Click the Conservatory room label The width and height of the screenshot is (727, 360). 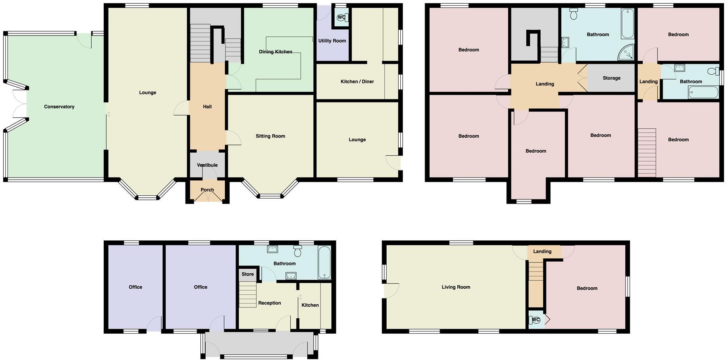[x=59, y=107]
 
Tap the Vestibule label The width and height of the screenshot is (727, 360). [x=207, y=165]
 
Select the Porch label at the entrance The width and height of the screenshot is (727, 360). [x=207, y=190]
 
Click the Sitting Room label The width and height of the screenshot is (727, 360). [x=270, y=136]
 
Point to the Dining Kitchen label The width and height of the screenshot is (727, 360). [x=276, y=52]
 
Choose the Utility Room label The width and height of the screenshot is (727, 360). [x=332, y=41]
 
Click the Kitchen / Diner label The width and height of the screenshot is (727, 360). [x=357, y=82]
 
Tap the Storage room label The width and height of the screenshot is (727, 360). [x=611, y=78]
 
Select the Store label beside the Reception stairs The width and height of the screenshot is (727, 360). [x=247, y=274]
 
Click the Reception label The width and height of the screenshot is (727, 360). [x=269, y=303]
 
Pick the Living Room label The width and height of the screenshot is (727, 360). [x=456, y=287]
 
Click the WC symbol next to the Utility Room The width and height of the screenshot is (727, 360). [x=341, y=17]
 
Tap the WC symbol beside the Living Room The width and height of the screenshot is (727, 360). [x=535, y=320]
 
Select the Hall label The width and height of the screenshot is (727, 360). [x=207, y=107]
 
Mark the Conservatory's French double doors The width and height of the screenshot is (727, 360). [x=19, y=103]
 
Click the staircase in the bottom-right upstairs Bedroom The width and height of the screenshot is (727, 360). [x=647, y=153]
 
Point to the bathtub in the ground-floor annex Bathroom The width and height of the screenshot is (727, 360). [x=324, y=263]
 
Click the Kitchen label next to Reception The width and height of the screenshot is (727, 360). [x=310, y=305]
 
